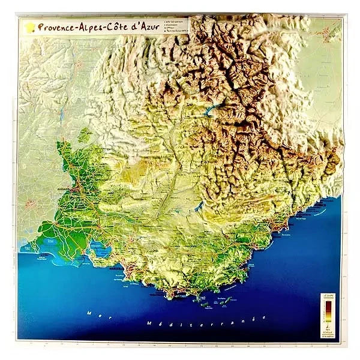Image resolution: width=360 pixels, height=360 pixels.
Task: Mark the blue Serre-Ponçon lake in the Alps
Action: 211,112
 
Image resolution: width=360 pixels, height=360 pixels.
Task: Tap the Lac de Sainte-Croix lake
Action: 199,208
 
